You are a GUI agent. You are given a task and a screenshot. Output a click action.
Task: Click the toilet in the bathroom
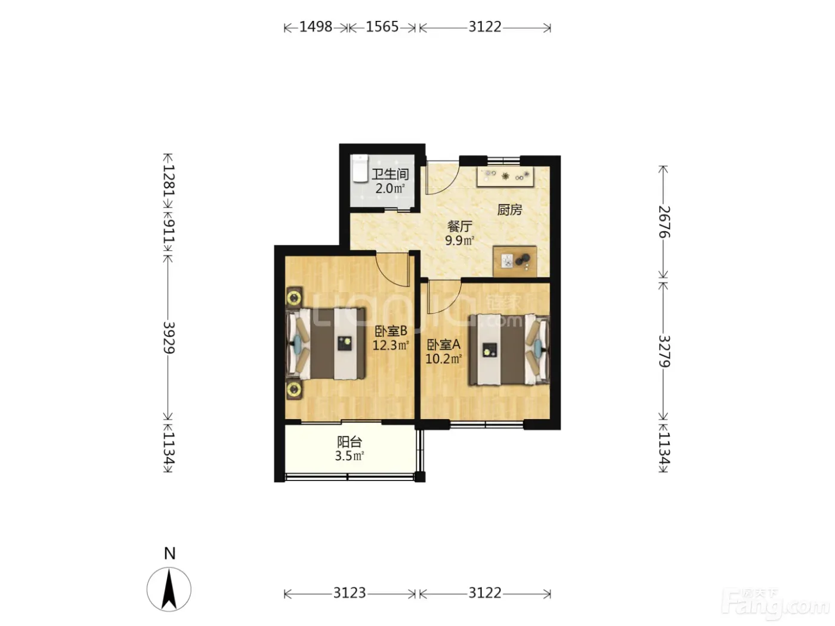tap(359, 168)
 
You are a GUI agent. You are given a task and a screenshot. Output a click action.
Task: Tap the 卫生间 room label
tap(390, 175)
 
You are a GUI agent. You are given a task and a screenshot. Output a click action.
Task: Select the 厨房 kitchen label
tap(509, 210)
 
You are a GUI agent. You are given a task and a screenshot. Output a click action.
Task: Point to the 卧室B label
tap(391, 331)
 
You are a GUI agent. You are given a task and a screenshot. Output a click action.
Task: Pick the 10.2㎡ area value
tap(444, 358)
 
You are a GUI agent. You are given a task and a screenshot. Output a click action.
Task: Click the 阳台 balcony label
tap(350, 442)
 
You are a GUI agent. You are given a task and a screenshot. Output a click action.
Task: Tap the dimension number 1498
tap(316, 27)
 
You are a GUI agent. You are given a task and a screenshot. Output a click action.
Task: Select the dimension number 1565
tap(382, 27)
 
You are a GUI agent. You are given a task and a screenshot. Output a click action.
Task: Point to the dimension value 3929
tap(169, 337)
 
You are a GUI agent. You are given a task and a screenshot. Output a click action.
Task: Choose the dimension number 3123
tap(350, 593)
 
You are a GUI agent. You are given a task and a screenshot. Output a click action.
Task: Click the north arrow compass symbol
tap(169, 590)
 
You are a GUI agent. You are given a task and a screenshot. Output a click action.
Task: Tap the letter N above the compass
tap(169, 553)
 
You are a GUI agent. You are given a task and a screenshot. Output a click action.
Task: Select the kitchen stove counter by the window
tap(506, 176)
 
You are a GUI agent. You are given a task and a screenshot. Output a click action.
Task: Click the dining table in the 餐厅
tap(515, 261)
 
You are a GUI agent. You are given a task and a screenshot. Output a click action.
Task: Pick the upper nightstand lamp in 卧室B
tap(294, 297)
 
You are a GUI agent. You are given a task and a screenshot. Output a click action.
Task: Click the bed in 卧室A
tap(509, 349)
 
